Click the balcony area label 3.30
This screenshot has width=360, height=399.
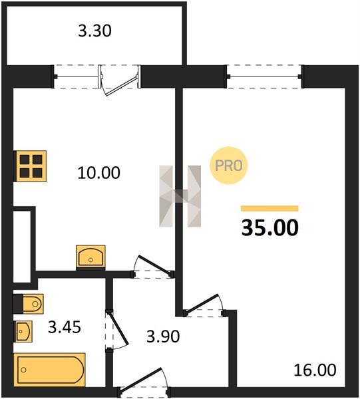[x=94, y=31]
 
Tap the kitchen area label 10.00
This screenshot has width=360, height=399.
[x=98, y=173]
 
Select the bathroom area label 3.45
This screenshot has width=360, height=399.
[x=65, y=327]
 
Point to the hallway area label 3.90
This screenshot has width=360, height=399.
[x=163, y=336]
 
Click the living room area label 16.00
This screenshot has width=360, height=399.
[x=315, y=370]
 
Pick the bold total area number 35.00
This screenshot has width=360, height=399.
[x=270, y=227]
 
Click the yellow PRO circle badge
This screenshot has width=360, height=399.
[x=229, y=166]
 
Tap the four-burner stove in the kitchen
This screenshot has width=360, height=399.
[x=30, y=166]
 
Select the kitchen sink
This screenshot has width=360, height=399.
[x=91, y=257]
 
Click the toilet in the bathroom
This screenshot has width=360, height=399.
[x=28, y=304]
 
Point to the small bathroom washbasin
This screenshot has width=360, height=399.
[x=23, y=331]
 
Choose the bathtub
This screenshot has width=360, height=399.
[x=49, y=370]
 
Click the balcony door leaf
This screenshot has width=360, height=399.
[x=122, y=86]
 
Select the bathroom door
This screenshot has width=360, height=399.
[x=117, y=328]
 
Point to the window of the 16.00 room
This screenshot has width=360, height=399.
[x=264, y=76]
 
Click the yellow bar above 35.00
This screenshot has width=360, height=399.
[x=270, y=208]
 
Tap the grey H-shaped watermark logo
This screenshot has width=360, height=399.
[x=180, y=196]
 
